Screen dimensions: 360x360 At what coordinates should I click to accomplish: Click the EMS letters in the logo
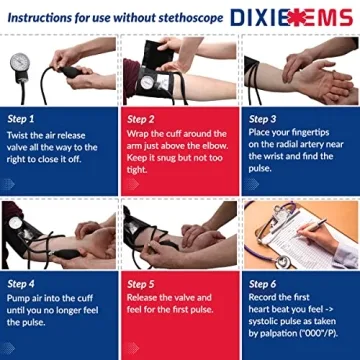[328, 17]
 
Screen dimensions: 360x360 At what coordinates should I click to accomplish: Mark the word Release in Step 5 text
[147, 297]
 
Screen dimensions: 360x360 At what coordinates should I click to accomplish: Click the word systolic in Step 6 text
[268, 321]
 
